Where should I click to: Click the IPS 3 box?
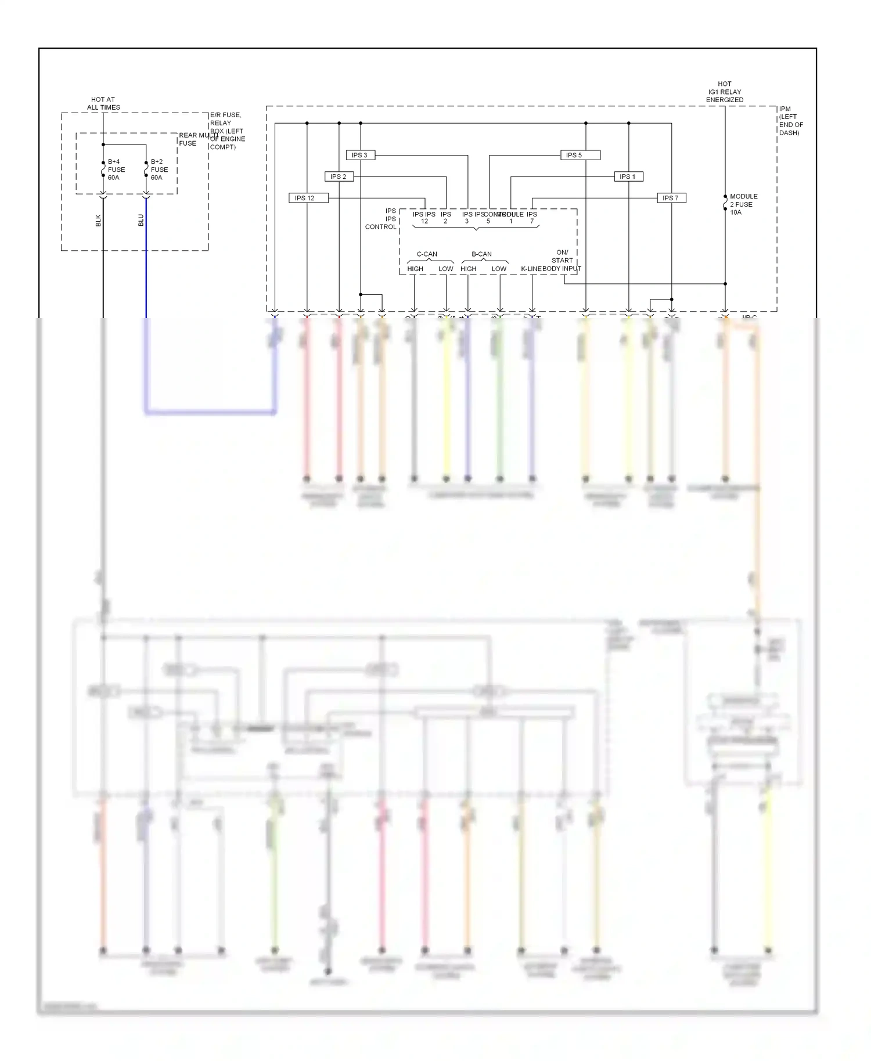[x=360, y=155]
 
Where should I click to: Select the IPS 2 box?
[x=339, y=176]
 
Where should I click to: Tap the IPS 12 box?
[x=308, y=198]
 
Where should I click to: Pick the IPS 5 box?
[x=580, y=155]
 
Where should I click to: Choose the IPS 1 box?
[x=628, y=176]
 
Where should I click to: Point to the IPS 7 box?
[x=671, y=198]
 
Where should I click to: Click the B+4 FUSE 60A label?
[x=116, y=169]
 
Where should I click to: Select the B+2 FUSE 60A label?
[x=159, y=169]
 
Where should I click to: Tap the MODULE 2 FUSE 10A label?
[x=743, y=204]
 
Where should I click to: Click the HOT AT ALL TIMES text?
[x=103, y=103]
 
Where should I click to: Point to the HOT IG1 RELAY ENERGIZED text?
[x=724, y=92]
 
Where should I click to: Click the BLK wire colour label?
[x=98, y=221]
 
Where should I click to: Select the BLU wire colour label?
[x=141, y=221]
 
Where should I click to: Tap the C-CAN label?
[x=427, y=254]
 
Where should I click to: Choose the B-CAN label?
[x=481, y=254]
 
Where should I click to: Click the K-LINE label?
[x=531, y=269]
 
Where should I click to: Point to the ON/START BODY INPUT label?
[x=562, y=261]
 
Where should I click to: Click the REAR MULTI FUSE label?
[x=195, y=139]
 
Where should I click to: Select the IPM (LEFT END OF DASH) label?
[x=791, y=121]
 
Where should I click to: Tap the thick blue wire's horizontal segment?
[x=210, y=412]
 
